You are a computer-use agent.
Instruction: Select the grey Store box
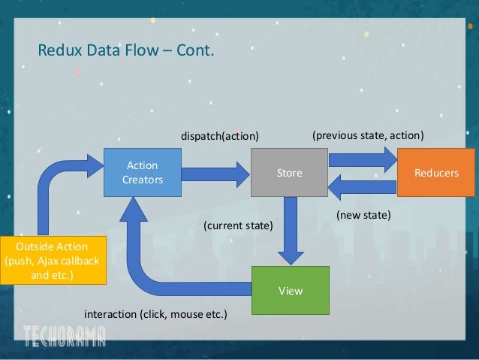(x=289, y=173)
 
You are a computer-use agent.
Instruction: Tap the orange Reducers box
(x=436, y=173)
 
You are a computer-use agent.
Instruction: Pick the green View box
(x=289, y=289)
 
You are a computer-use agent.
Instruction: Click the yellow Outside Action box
(x=53, y=260)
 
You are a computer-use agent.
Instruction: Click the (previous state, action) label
(x=368, y=136)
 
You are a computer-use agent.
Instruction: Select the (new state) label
(x=363, y=215)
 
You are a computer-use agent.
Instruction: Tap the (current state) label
(x=239, y=225)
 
